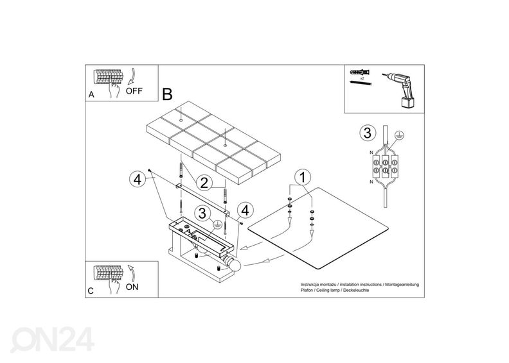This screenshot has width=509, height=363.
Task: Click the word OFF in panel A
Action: pyautogui.click(x=134, y=91)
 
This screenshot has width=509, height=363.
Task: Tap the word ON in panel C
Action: pyautogui.click(x=132, y=287)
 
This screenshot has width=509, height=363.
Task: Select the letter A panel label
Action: pyautogui.click(x=91, y=95)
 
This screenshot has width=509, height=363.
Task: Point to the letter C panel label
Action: pyautogui.click(x=91, y=291)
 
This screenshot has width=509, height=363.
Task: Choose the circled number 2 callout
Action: pyautogui.click(x=204, y=182)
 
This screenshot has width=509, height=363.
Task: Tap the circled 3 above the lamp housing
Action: pyautogui.click(x=202, y=214)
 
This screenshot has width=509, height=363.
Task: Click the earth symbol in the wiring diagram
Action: pyautogui.click(x=398, y=135)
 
